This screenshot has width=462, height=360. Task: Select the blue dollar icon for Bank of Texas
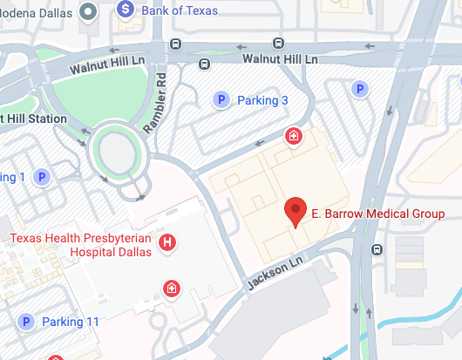click(x=127, y=10)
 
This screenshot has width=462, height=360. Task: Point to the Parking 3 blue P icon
click(x=221, y=100)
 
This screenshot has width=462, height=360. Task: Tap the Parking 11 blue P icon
click(x=27, y=323)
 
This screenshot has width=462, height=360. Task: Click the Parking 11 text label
click(x=71, y=323)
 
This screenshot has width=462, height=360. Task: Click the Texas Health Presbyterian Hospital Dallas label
click(x=80, y=244)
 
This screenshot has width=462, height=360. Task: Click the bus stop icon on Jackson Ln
click(x=377, y=250)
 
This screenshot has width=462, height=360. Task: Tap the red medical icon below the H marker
click(x=172, y=288)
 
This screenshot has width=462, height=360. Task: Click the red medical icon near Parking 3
click(x=295, y=136)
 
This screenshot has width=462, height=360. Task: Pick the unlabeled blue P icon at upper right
click(x=357, y=88)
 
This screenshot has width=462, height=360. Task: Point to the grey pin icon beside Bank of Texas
click(x=88, y=10)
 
